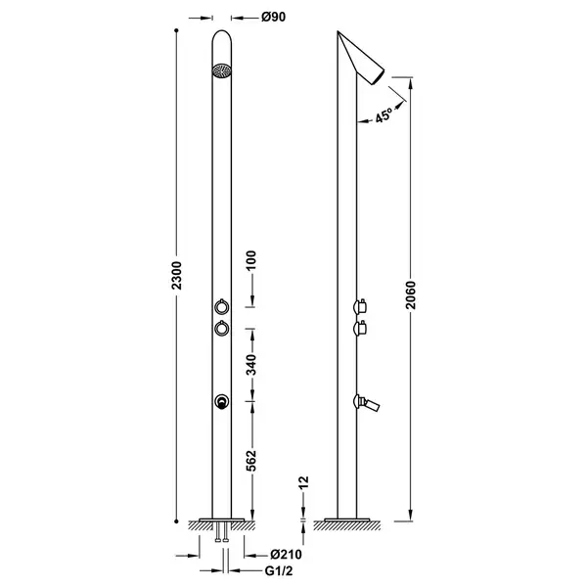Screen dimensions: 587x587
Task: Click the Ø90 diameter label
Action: (273, 17)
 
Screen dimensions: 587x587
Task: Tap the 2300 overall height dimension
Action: (176, 276)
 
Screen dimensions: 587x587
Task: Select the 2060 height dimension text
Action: (410, 295)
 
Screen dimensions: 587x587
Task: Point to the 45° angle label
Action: (384, 114)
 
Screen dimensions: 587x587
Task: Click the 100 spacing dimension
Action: (251, 260)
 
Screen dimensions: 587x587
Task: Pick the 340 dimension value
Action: (251, 365)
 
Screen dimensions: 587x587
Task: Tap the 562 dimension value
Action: (251, 461)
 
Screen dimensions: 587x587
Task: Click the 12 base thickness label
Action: (303, 482)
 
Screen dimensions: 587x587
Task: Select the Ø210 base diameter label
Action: (286, 555)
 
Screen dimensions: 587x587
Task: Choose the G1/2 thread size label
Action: (279, 571)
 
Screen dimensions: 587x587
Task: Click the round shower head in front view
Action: (222, 71)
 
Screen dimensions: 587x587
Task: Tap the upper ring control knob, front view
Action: (222, 306)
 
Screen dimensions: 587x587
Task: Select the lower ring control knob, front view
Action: (222, 329)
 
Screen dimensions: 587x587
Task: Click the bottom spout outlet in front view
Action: (222, 402)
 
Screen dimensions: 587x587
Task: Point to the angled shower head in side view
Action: (361, 58)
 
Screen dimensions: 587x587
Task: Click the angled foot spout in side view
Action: (367, 403)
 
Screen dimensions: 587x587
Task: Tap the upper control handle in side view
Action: (359, 306)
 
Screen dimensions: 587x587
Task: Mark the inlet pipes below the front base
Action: (222, 531)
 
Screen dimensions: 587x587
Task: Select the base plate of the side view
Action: (347, 520)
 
